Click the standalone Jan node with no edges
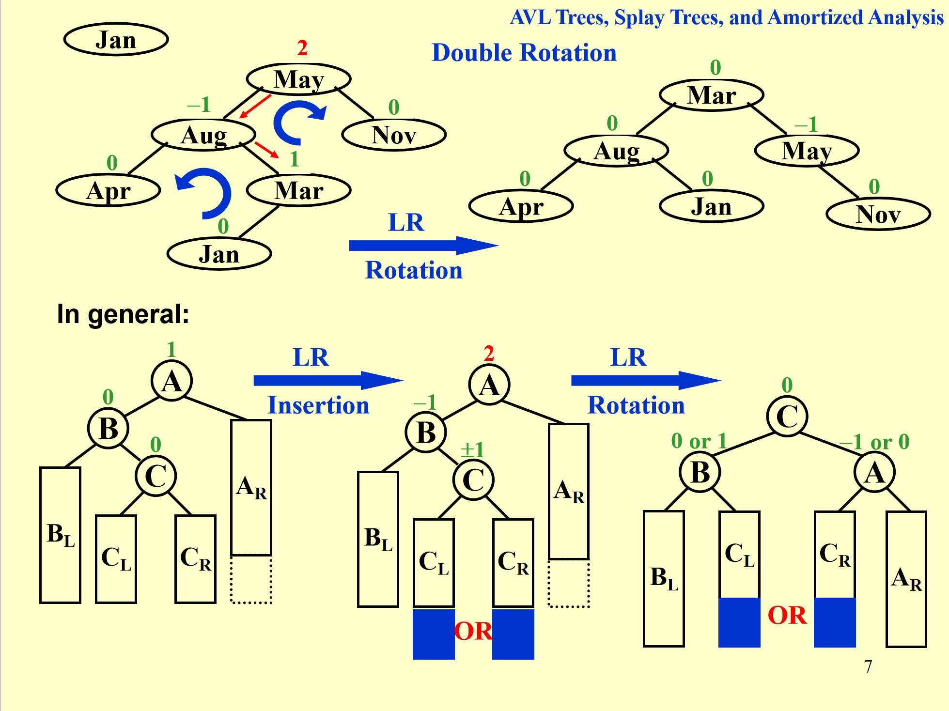click(116, 40)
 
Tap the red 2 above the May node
click(302, 48)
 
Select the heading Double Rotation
click(524, 52)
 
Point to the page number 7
click(868, 666)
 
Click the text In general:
click(123, 314)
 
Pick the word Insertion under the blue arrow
click(318, 405)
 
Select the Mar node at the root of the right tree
click(711, 95)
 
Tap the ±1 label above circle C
click(472, 449)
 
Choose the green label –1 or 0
click(874, 442)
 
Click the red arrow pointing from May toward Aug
click(255, 106)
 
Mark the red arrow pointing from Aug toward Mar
click(266, 150)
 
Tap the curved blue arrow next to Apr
click(206, 191)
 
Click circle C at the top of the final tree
click(787, 416)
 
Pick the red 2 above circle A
click(489, 354)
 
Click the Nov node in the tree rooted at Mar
click(878, 214)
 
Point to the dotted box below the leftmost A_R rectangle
click(251, 580)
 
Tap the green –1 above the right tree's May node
click(806, 124)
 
